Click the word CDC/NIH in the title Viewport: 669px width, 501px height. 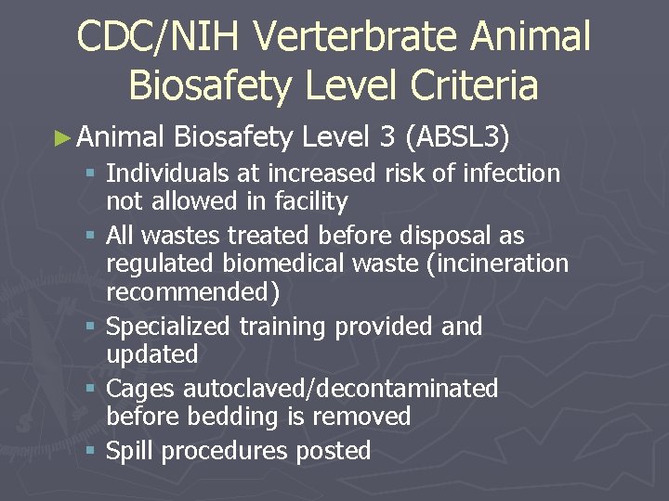coord(159,37)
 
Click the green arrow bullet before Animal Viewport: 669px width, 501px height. coord(62,138)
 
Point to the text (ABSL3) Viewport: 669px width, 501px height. coord(458,138)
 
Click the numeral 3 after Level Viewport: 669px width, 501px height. coord(387,138)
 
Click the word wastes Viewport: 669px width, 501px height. coord(177,236)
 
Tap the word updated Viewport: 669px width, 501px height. coord(152,354)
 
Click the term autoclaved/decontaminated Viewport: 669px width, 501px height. coord(340,389)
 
